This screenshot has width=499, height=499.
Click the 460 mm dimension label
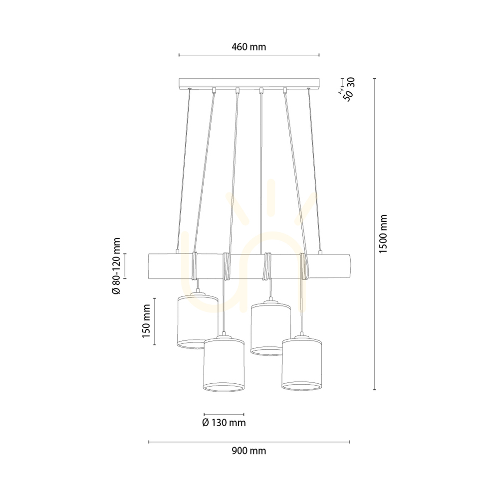click(x=249, y=47)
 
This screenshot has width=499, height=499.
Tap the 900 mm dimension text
click(x=249, y=451)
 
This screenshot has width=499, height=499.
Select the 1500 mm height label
click(x=383, y=234)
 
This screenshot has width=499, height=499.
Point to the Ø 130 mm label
click(x=224, y=423)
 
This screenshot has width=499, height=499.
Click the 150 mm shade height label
click(x=146, y=321)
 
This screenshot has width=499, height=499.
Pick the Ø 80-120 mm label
click(x=116, y=266)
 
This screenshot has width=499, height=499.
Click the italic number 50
click(x=349, y=95)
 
